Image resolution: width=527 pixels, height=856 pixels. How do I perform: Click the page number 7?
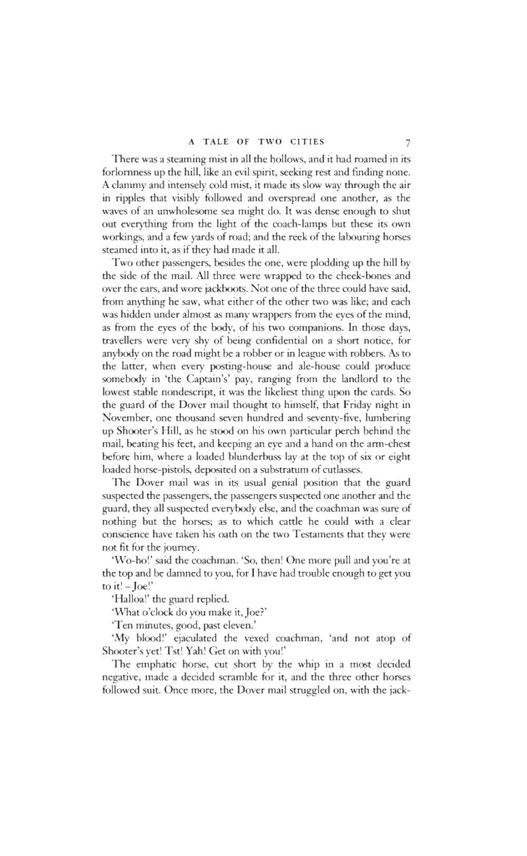[x=407, y=143]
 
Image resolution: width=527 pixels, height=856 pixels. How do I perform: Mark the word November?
[x=123, y=418]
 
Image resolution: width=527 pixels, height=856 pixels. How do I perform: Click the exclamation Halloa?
[x=131, y=599]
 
